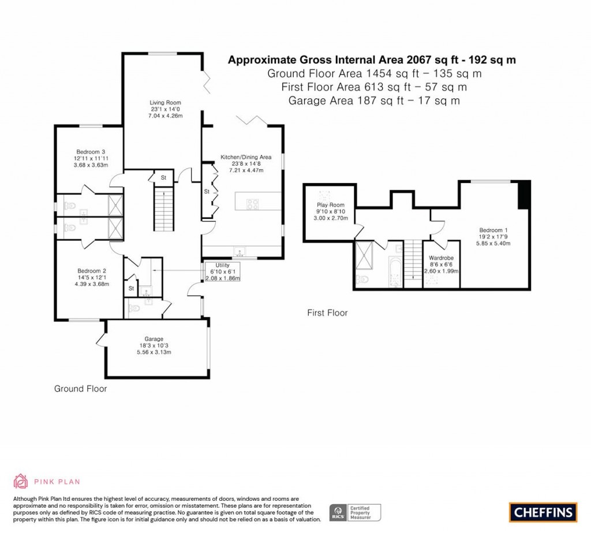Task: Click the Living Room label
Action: point(165,103)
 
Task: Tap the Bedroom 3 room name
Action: point(91,152)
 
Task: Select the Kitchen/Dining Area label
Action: point(246,157)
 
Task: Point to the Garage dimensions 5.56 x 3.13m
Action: point(154,352)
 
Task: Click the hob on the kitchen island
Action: point(253,204)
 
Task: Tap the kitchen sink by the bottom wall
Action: point(239,252)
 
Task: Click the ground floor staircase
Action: point(163,210)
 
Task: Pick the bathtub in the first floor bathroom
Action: point(396,273)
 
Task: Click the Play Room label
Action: point(331,205)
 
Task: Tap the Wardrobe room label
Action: point(441,258)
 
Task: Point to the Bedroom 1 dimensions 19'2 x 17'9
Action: point(493,237)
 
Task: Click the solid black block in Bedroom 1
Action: point(524,195)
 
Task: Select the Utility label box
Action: point(222,271)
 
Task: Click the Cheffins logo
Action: point(543,512)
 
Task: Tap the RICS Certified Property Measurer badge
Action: point(355,513)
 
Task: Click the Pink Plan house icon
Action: point(21,481)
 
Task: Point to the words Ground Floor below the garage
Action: point(81,389)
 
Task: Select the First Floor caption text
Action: point(327,312)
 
